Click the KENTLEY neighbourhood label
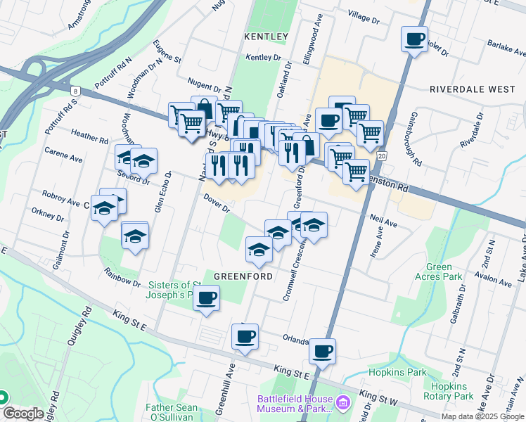(267, 36)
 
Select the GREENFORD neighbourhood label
(243, 276)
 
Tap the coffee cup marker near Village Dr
(414, 39)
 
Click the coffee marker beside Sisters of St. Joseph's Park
(206, 298)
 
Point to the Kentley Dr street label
(264, 58)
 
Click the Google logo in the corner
(23, 414)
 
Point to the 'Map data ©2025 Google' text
(482, 416)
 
